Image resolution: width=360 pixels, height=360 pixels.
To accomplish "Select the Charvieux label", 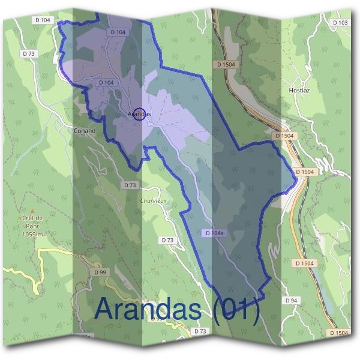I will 153,200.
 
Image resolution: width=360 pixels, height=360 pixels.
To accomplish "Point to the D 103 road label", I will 340,23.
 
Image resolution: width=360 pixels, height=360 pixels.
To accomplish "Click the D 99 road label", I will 100,272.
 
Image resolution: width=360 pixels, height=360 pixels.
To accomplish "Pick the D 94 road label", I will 292,300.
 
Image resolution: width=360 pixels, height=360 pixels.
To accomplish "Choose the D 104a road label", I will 214,233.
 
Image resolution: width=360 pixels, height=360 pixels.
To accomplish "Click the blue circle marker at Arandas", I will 139,113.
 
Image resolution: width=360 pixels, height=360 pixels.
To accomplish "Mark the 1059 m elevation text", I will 33,233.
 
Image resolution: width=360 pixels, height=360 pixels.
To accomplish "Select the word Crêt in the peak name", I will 30,217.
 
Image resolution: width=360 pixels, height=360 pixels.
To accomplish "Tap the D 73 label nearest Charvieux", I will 130,185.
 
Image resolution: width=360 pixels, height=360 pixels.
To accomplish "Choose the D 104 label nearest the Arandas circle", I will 106,82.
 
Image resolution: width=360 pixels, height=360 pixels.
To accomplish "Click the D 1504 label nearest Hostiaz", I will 284,136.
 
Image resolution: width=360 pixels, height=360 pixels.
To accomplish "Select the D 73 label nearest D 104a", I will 168,240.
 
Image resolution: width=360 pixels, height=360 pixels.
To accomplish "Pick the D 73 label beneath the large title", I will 200,331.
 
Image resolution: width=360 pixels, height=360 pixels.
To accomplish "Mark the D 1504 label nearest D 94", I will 305,263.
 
